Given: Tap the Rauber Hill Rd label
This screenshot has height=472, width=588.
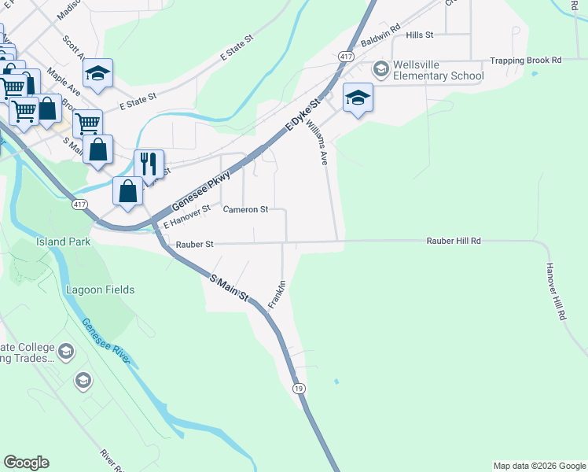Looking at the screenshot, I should coord(454,241).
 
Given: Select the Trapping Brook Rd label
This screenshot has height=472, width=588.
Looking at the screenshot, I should coord(526,60).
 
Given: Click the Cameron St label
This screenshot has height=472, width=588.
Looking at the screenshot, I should coord(245,210).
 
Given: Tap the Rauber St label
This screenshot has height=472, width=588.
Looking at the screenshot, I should coord(194,245).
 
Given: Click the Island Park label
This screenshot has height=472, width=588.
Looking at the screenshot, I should coord(57,242).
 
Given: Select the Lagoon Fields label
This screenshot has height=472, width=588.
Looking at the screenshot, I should coord(100,289).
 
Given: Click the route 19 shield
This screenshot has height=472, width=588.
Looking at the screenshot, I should coord(298,389).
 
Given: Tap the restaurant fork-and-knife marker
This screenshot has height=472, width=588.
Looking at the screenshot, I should coord(149,164).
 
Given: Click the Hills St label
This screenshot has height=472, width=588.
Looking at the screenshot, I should coord(420,35).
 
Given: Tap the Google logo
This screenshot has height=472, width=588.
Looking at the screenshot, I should coord(26,463).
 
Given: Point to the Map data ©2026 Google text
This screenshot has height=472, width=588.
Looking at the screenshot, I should coord(539,466).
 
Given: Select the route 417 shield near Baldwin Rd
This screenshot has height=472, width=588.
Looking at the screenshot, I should coord(345,57).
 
